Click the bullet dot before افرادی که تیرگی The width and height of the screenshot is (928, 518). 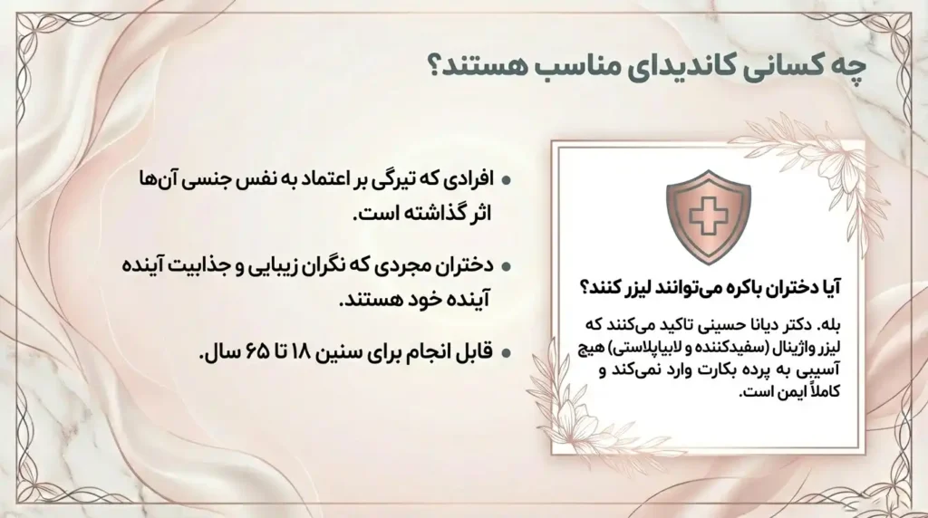(x=506, y=180)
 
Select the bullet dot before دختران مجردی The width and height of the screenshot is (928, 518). (x=506, y=267)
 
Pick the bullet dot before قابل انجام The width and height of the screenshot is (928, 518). (x=506, y=352)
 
